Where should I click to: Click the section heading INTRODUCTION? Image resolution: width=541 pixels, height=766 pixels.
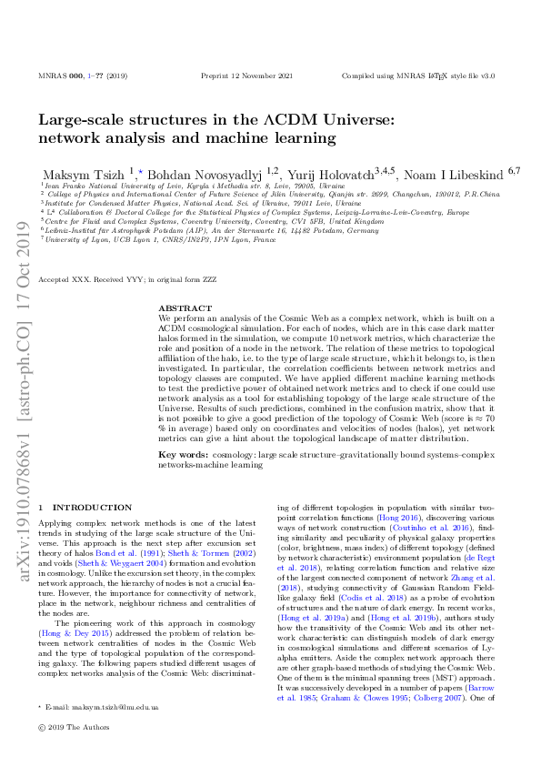pos(92,507)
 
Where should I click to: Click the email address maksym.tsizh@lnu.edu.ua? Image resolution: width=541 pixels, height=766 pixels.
pos(105,732)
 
